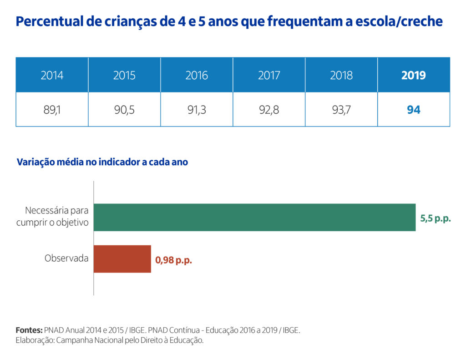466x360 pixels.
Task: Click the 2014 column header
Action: point(52,75)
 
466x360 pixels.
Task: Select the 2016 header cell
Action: point(197,75)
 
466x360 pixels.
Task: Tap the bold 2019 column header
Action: point(413,75)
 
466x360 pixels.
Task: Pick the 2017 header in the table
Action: point(269,75)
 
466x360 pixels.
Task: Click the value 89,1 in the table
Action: point(52,110)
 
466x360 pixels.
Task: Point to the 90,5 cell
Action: point(124,110)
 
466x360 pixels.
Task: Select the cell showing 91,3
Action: point(197,110)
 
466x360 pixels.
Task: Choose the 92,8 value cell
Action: point(269,110)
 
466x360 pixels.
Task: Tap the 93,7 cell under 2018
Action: point(341,110)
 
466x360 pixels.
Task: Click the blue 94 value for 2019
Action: point(413,110)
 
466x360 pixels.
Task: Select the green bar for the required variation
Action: point(254,217)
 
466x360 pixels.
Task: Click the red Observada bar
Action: point(122,259)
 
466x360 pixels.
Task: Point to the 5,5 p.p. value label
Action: point(436,218)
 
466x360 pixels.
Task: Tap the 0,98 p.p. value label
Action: point(174,261)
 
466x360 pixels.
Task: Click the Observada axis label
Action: point(66,258)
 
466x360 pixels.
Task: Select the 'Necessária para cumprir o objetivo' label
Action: point(52,217)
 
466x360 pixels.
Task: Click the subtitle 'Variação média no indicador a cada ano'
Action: point(102,162)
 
